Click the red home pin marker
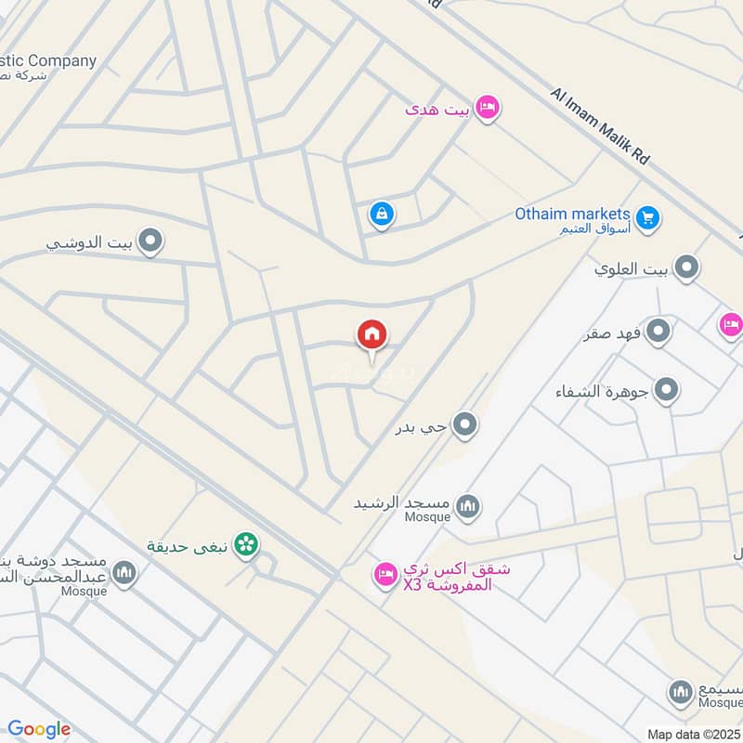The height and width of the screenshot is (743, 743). pos(372,335)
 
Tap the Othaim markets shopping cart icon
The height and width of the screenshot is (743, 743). pos(648,218)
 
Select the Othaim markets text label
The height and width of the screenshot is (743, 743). pos(573,214)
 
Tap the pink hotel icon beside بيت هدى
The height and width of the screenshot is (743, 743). pos(487,109)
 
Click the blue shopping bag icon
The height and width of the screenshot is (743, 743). pos(381,215)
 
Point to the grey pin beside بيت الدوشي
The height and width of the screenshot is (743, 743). pos(150,243)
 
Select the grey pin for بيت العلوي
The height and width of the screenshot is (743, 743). pos(686,269)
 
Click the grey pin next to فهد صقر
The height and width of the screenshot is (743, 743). pos(658,331)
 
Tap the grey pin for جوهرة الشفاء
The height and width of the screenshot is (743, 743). pos(666,391)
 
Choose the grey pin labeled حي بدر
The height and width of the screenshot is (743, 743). pos(465,426)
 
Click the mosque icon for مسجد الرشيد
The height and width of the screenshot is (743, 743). pos(468,506)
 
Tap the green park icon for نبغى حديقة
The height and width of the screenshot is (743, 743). pos(246,544)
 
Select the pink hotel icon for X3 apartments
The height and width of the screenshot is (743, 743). pos(385,576)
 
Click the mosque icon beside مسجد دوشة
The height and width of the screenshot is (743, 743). pos(125,574)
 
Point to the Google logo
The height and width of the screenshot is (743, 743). pos(39,729)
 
